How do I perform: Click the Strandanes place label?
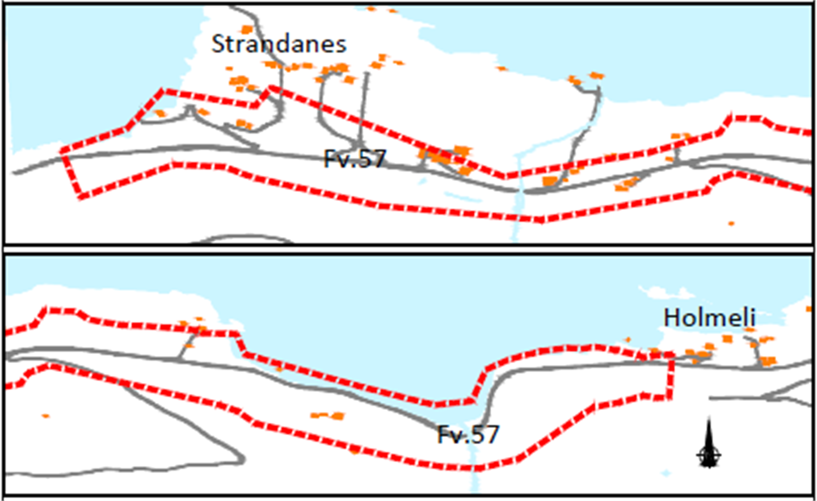tap(279, 44)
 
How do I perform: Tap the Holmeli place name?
tap(709, 318)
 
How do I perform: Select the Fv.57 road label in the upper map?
tap(355, 159)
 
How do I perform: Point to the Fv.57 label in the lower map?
tap(468, 435)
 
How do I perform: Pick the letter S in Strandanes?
tap(218, 44)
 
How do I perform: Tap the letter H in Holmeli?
tap(671, 318)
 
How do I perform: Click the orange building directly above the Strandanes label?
tap(246, 29)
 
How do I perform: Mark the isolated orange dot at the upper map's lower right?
tap(731, 224)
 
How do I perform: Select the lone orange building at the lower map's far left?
tap(45, 416)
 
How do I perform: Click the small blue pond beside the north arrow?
tap(665, 472)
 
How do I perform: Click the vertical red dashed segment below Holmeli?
tap(671, 377)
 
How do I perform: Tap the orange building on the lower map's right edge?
tap(809, 309)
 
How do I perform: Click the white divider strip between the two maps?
tap(408, 249)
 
